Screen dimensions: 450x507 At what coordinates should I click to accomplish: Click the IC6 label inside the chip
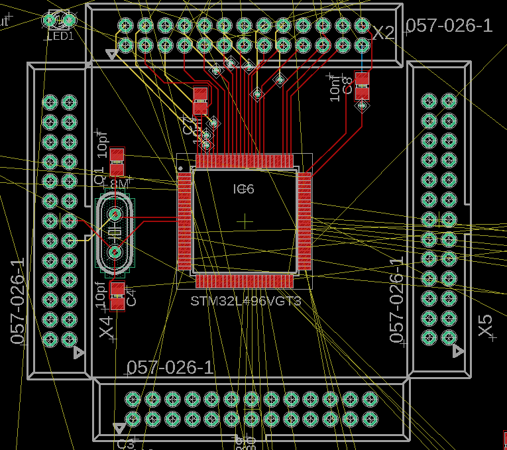[x=243, y=190]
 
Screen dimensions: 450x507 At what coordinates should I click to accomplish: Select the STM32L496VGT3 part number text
[x=246, y=302]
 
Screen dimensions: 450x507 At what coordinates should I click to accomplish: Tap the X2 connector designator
[x=383, y=33]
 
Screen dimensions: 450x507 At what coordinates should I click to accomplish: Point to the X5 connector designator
[x=486, y=325]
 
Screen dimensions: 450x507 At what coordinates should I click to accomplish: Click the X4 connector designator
[x=106, y=327]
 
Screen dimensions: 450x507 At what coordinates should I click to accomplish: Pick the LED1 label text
[x=60, y=36]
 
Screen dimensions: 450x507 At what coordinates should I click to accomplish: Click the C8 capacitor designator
[x=347, y=85]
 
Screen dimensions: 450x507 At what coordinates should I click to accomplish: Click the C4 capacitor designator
[x=131, y=296]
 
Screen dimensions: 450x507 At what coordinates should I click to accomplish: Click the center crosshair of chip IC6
[x=246, y=221]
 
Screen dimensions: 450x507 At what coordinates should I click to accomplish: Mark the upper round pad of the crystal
[x=115, y=214]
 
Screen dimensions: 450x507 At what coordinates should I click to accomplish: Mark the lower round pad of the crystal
[x=115, y=252]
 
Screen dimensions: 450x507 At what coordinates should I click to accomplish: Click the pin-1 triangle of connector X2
[x=112, y=55]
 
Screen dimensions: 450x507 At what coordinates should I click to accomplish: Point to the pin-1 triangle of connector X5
[x=457, y=351]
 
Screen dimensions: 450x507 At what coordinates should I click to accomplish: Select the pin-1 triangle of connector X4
[x=79, y=353]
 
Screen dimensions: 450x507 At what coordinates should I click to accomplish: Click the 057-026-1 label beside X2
[x=449, y=26]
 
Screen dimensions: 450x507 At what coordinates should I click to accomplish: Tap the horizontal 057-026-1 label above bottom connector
[x=170, y=368]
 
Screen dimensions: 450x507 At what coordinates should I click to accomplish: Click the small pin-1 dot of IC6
[x=180, y=168]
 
